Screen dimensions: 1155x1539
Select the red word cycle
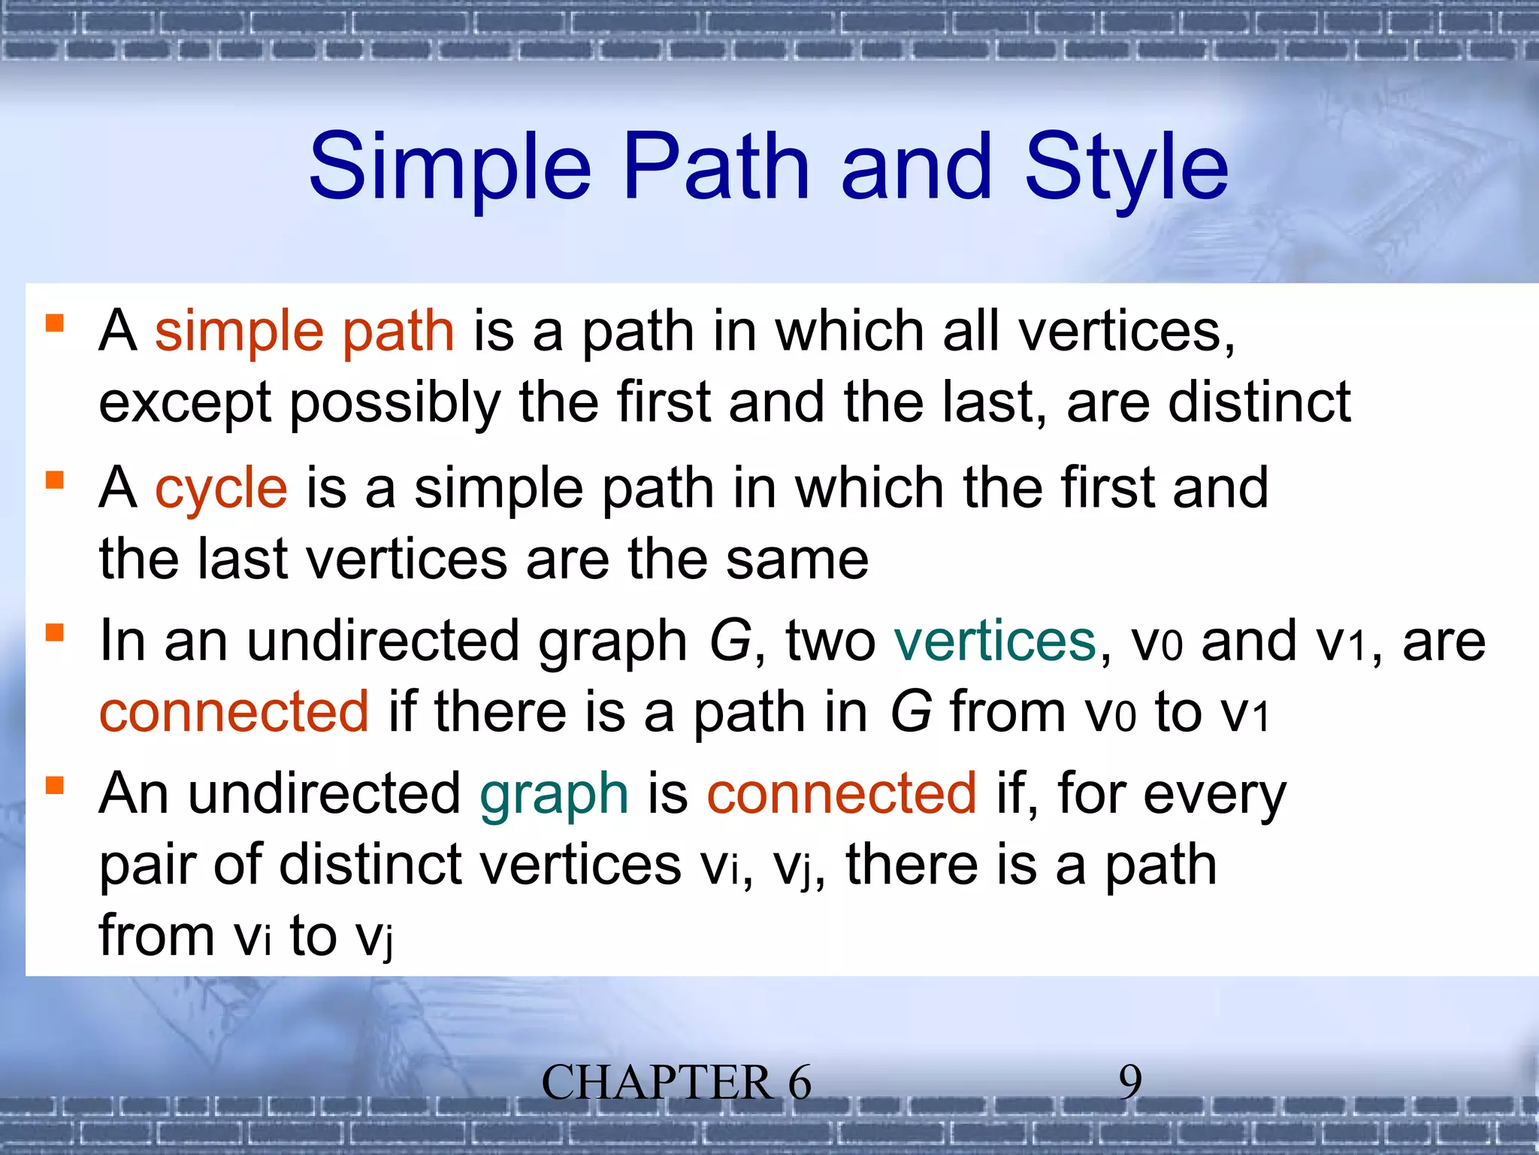coord(221,489)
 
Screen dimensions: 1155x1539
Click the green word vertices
coord(995,641)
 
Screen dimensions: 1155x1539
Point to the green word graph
coord(554,794)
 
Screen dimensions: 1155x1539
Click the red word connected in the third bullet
coord(234,712)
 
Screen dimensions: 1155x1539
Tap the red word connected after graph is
coord(842,794)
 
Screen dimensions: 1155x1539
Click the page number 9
coord(1130,1083)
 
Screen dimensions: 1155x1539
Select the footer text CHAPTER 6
coord(676,1083)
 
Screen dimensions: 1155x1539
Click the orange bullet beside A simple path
coord(54,323)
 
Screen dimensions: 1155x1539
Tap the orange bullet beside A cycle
coord(54,480)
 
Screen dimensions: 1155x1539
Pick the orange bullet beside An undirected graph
coord(54,785)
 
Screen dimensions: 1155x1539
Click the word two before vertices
coord(830,641)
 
